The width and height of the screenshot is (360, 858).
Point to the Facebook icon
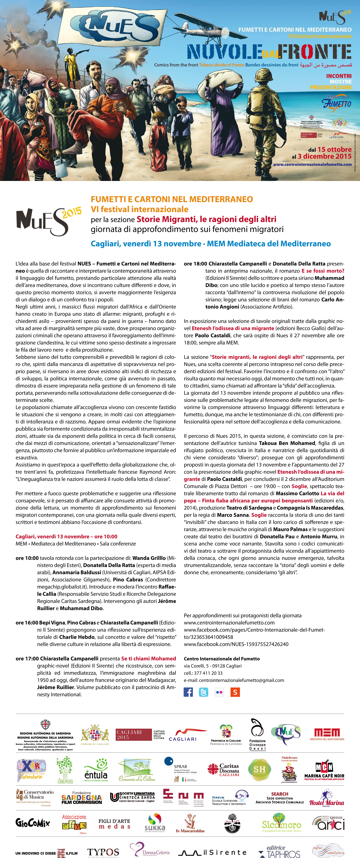tap(188, 692)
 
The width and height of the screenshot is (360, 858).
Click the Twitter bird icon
tap(203, 692)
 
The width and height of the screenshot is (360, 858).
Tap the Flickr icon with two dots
tap(219, 692)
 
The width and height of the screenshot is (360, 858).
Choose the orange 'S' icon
tap(235, 692)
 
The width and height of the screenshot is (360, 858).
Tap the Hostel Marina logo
tap(326, 802)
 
